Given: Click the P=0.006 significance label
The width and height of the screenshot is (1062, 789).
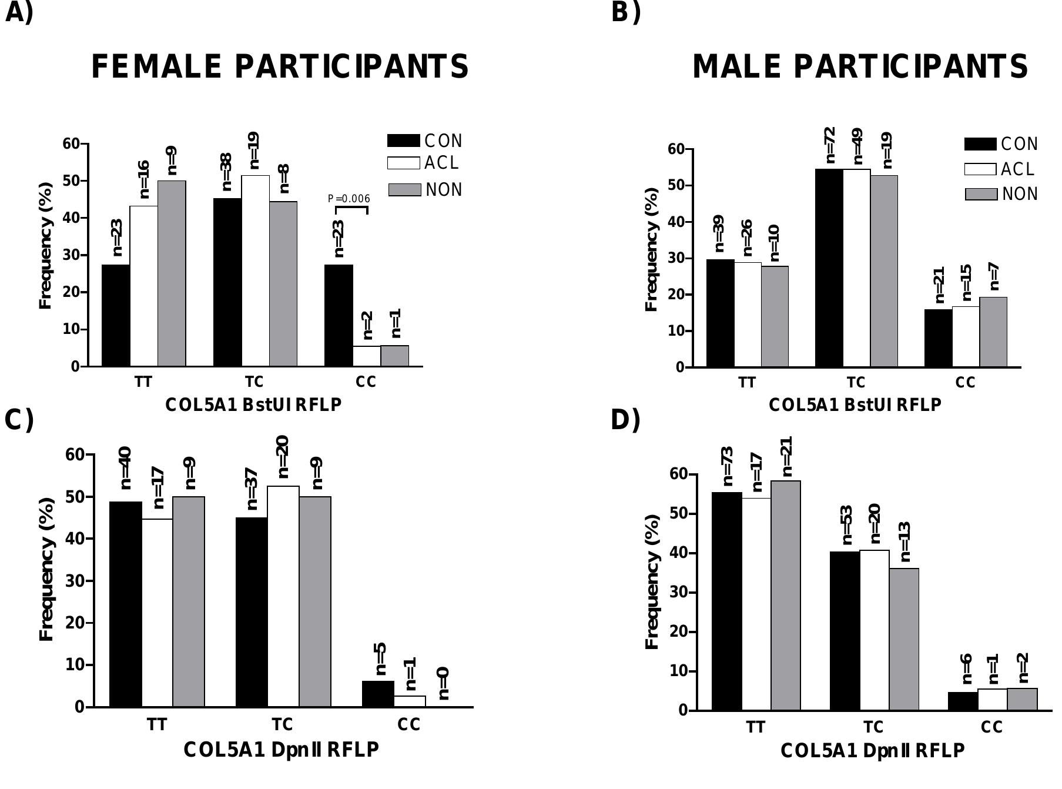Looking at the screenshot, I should [349, 199].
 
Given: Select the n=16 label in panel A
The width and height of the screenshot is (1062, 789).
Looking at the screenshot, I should [143, 179].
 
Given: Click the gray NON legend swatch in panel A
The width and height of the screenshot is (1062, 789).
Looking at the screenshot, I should [404, 190].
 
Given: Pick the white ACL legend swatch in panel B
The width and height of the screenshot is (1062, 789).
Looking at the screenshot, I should [980, 169].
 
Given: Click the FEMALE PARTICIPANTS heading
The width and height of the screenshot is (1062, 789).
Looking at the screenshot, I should [280, 66].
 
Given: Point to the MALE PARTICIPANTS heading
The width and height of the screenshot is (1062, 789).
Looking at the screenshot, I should [860, 66].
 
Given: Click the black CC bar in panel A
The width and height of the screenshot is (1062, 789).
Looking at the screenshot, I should [339, 315].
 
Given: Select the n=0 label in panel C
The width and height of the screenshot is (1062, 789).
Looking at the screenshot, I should [443, 683].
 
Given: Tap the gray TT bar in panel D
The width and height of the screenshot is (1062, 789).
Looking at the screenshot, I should [786, 595].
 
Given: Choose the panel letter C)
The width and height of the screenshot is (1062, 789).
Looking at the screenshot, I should [19, 420].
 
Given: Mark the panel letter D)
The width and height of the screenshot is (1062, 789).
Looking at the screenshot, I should [625, 420].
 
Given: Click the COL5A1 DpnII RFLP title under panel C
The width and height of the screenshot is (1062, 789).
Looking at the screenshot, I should [281, 750].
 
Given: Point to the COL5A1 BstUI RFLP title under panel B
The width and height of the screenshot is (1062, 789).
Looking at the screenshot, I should [855, 405].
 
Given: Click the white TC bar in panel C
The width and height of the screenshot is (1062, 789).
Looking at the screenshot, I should [283, 596].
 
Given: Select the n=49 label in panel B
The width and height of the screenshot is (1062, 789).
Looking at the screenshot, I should [857, 147].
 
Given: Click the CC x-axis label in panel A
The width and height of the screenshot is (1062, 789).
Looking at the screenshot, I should [366, 382].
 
